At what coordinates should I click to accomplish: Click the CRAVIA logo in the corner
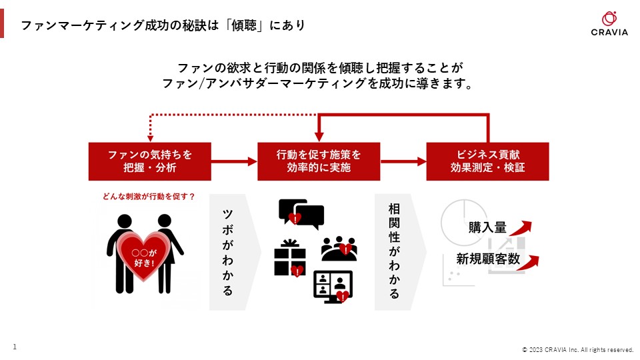[609, 24]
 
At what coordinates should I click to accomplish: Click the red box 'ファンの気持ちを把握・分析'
[149, 161]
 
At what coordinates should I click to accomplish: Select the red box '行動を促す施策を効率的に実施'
[319, 161]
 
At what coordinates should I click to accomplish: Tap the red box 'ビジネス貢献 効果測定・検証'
[487, 161]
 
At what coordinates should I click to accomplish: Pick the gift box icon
[289, 259]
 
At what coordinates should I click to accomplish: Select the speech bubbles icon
[301, 213]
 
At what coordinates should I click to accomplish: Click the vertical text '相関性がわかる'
[394, 251]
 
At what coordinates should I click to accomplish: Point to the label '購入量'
[487, 227]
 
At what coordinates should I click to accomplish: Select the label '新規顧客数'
[488, 259]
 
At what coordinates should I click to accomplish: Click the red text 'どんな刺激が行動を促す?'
[149, 196]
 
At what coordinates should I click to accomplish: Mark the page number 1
[15, 346]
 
